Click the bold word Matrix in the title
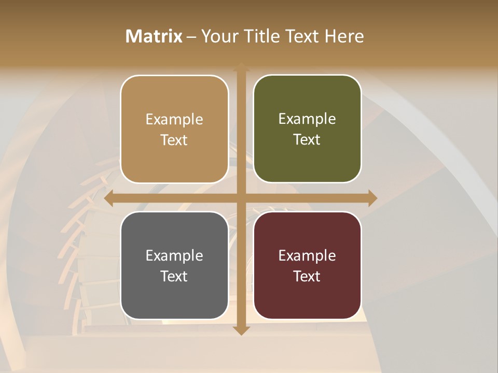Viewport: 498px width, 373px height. (x=154, y=36)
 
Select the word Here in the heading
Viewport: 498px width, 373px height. (x=344, y=36)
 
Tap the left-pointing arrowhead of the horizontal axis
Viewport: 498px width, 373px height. (x=109, y=198)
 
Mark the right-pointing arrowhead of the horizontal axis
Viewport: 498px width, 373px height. (x=372, y=198)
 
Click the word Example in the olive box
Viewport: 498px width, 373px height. (x=307, y=119)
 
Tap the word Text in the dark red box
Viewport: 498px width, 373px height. (x=307, y=276)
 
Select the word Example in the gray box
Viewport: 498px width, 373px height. (x=174, y=255)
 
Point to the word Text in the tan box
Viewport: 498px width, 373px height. (x=174, y=140)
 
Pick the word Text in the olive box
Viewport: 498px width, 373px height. (x=307, y=140)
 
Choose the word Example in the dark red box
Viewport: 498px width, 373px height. (x=307, y=255)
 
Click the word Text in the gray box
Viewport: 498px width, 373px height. (x=174, y=276)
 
